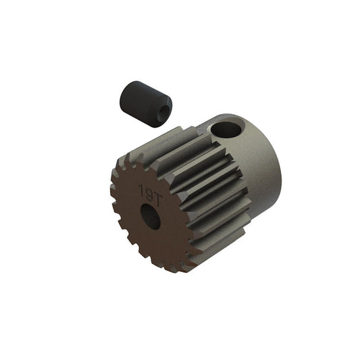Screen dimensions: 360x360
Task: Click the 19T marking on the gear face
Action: coord(149,190)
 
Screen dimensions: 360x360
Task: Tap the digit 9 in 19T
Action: coord(148,190)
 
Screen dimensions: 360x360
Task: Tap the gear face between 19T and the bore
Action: coord(149,202)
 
